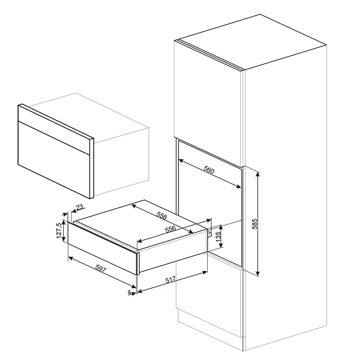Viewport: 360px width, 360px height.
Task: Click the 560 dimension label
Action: tap(209, 170)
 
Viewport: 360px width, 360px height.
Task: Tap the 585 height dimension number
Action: tap(255, 224)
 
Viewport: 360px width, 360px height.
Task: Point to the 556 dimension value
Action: tap(171, 229)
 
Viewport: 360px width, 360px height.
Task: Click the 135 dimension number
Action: tap(218, 237)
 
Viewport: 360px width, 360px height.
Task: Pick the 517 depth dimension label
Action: tap(170, 279)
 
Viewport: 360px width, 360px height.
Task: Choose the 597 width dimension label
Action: tap(101, 269)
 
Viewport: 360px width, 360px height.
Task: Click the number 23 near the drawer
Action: tap(79, 208)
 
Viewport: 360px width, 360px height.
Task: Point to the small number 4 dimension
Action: tap(130, 292)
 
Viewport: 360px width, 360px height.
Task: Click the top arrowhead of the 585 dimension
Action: tap(258, 174)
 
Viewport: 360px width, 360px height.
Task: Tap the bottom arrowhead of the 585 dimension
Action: tap(258, 273)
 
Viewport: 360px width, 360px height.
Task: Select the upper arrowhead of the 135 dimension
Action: tap(221, 227)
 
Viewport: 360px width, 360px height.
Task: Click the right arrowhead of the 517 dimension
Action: tap(204, 272)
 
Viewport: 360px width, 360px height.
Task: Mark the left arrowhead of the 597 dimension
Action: tap(71, 258)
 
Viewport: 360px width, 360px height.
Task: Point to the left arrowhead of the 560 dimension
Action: tap(181, 160)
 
